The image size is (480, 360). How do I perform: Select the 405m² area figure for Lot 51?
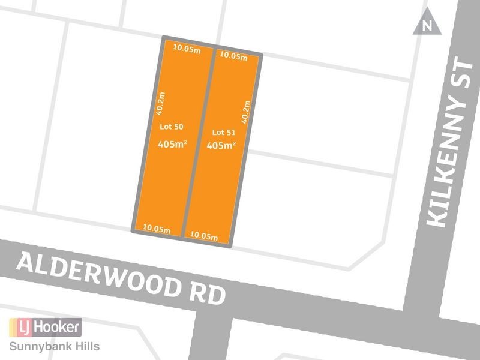point(221,146)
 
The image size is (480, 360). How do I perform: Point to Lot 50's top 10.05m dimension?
point(186,50)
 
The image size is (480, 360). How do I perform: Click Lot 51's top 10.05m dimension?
point(233,57)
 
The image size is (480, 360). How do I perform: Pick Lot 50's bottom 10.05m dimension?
point(157,229)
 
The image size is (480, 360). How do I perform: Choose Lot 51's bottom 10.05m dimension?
point(203,236)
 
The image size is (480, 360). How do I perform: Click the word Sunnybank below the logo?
point(40,347)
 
